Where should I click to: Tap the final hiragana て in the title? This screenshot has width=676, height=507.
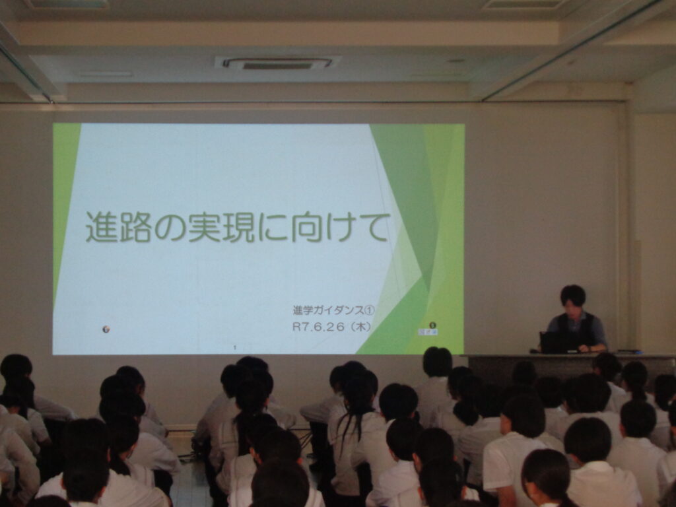click(x=373, y=228)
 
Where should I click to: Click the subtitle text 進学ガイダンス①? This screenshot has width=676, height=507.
click(x=334, y=310)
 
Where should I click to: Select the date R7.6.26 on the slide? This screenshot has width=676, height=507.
click(x=319, y=327)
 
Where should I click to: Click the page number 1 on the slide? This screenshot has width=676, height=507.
click(x=235, y=347)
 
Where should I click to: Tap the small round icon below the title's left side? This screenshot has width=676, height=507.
click(x=106, y=329)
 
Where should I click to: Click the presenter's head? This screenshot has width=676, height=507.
click(x=573, y=298)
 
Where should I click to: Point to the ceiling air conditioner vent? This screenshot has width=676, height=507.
click(x=277, y=63)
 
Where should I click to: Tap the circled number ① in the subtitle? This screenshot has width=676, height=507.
click(x=370, y=310)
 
